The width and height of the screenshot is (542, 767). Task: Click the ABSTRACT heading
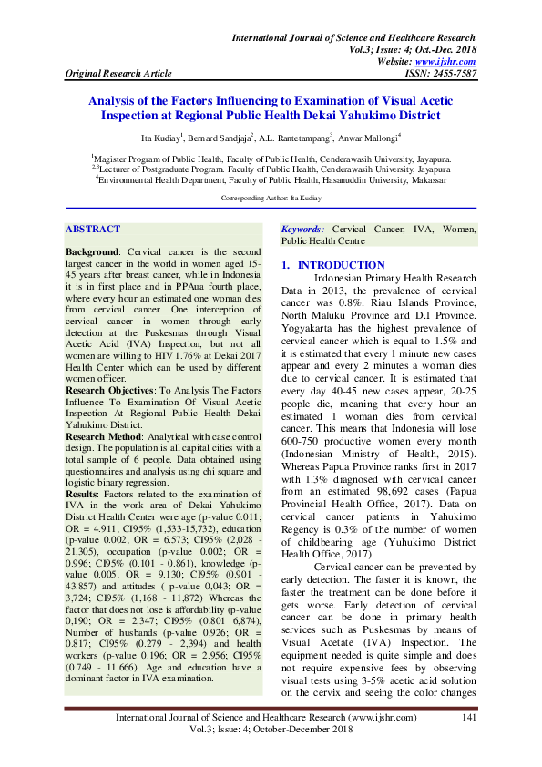click(93, 231)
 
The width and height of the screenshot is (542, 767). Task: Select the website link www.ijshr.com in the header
click(451, 61)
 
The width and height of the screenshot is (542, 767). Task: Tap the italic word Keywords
click(302, 230)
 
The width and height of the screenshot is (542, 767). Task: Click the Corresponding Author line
click(270, 198)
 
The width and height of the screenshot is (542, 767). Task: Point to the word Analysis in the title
click(114, 101)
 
